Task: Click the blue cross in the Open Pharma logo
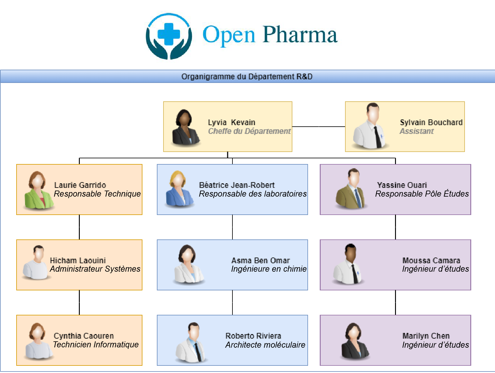(x=169, y=34)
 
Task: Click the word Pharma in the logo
(x=300, y=35)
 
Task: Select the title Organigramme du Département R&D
(x=247, y=77)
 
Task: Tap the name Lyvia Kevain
(x=231, y=122)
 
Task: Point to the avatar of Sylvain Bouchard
(x=371, y=127)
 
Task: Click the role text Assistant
(x=416, y=131)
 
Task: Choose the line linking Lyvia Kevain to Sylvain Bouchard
(x=319, y=127)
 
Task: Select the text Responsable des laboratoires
(x=253, y=194)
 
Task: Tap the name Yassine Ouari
(x=402, y=185)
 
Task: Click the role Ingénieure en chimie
(x=269, y=269)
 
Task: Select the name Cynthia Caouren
(x=84, y=336)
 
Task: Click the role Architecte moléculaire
(x=265, y=345)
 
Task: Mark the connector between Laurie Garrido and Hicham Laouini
(x=79, y=227)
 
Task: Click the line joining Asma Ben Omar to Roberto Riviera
(x=232, y=302)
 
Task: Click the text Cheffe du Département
(x=249, y=131)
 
